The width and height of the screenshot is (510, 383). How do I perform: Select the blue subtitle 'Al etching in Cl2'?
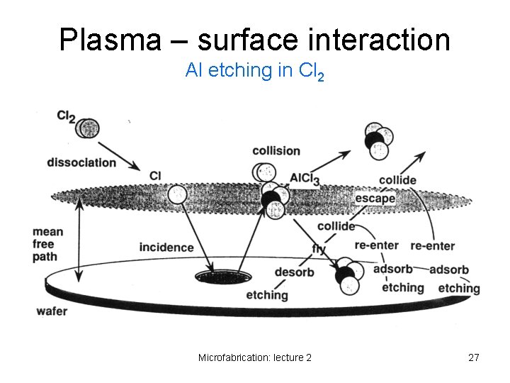click(254, 71)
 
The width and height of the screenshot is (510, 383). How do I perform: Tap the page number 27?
click(474, 357)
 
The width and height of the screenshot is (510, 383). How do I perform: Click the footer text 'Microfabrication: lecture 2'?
click(255, 357)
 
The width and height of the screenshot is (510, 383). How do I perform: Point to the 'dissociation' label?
click(81, 162)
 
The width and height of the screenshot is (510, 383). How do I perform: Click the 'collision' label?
click(276, 150)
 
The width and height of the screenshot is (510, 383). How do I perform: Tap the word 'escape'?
click(375, 199)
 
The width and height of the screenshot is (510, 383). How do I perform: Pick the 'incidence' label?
click(166, 248)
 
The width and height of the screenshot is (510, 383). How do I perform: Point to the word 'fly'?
click(319, 250)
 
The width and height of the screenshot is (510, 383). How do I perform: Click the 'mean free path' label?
click(47, 244)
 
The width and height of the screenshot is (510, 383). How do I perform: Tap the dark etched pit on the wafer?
click(214, 277)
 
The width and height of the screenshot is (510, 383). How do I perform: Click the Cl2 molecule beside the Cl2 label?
click(88, 128)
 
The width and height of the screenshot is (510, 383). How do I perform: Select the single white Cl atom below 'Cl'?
click(178, 194)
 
